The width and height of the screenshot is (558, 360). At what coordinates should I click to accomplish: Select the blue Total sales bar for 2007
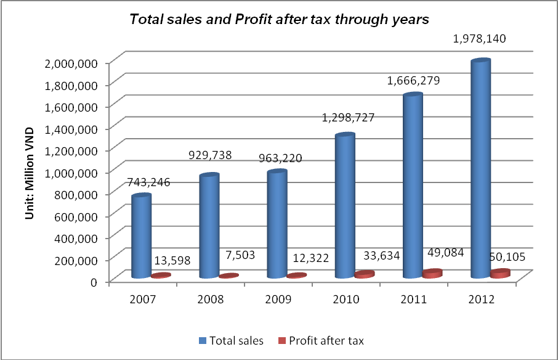tap(141, 237)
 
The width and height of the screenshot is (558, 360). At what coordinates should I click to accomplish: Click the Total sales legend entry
tap(231, 340)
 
